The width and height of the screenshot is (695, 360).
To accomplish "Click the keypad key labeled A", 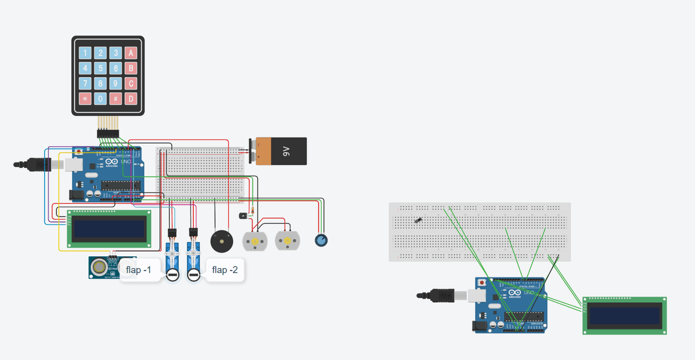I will tap(130, 53).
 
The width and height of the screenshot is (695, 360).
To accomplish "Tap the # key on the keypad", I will tap(115, 99).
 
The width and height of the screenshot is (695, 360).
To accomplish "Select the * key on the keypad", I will tap(85, 99).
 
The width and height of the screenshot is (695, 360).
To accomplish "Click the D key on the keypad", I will tap(130, 99).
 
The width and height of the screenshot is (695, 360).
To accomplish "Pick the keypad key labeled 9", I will tap(115, 84).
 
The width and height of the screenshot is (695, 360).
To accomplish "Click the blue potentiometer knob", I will tap(321, 239).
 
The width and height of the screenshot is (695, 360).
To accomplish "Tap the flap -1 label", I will tap(138, 269).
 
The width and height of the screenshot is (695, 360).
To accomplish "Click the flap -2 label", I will tap(225, 270).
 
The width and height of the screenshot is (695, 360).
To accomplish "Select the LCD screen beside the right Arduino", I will tap(624, 315).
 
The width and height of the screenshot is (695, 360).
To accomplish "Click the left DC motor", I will tap(255, 240).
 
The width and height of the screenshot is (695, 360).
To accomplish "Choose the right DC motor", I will tap(288, 240).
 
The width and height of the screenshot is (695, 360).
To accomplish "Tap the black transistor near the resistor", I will tap(242, 216).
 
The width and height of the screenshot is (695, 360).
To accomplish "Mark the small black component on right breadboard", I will tap(418, 220).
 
